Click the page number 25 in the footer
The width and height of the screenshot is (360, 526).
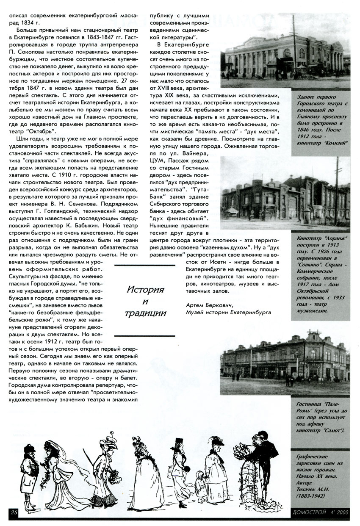(x=14, y=512)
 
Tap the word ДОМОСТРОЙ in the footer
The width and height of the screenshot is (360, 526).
(x=310, y=512)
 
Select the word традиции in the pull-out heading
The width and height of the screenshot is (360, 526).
(x=145, y=313)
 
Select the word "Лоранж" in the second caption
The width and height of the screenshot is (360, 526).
(x=330, y=238)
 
